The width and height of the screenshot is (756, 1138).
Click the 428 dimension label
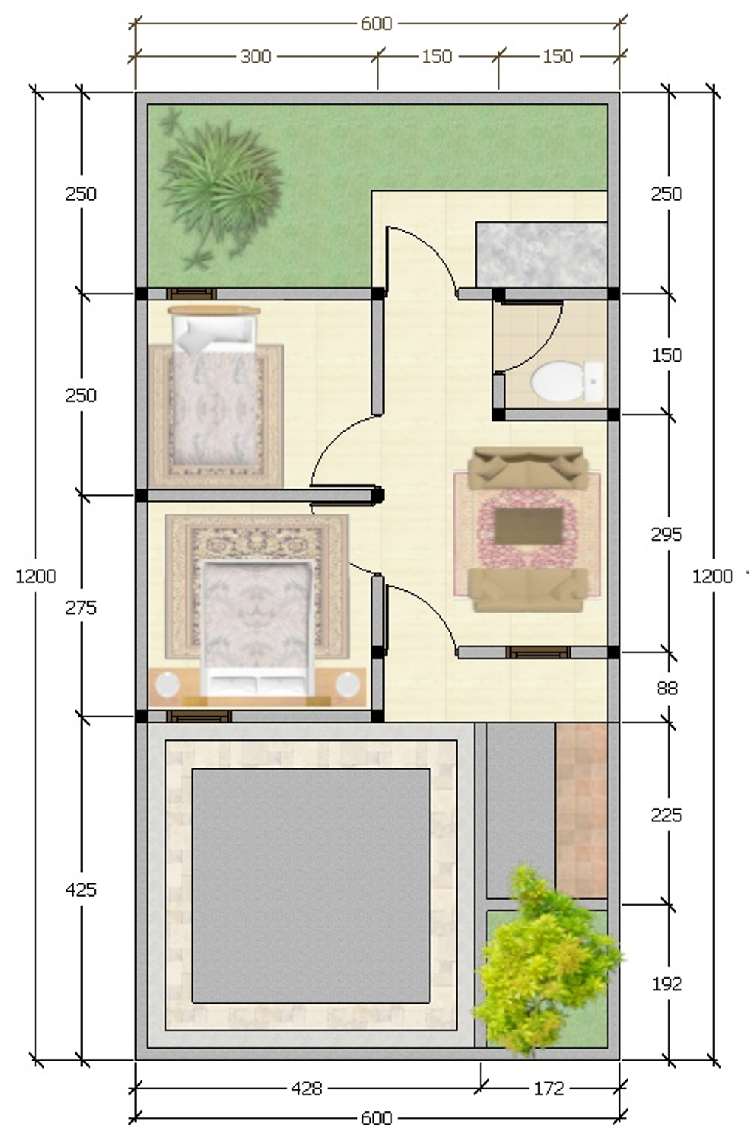click(306, 1089)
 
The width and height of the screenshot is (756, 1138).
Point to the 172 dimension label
click(549, 1089)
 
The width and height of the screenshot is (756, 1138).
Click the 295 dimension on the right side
click(666, 534)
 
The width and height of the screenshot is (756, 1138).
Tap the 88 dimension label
click(667, 688)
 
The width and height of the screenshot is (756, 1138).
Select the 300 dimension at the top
click(255, 56)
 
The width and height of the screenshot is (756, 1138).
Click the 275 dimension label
click(80, 607)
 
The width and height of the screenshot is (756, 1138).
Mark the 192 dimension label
click(667, 984)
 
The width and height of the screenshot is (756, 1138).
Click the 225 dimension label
click(666, 815)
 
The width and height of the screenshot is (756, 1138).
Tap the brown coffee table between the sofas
click(529, 526)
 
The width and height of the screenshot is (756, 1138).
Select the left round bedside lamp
click(167, 684)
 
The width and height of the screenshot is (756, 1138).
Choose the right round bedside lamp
click(348, 684)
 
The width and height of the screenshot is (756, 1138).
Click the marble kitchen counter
click(542, 255)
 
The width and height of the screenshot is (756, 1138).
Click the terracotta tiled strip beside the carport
click(582, 810)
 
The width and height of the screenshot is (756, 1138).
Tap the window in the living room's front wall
click(538, 652)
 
